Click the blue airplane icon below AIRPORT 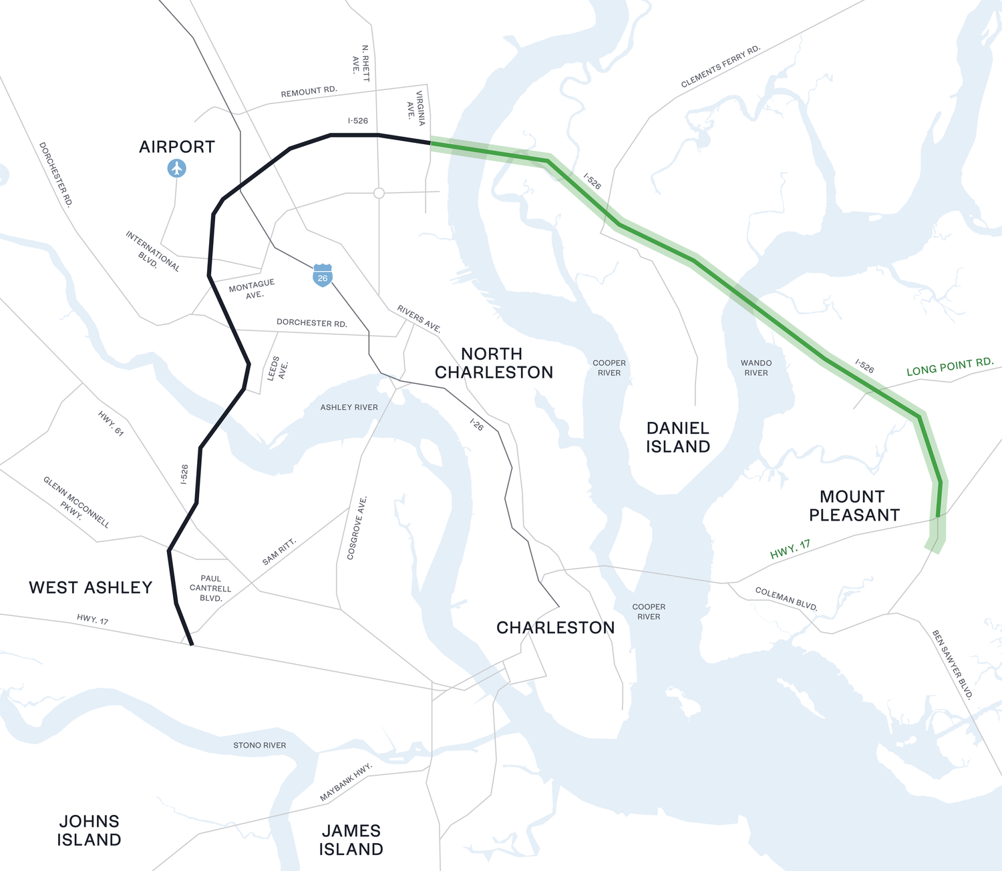(176, 168)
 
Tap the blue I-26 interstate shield (323, 276)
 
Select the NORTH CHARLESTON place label (494, 363)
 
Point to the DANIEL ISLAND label (677, 437)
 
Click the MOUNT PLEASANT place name (854, 506)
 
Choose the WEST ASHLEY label (91, 587)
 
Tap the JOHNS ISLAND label (89, 830)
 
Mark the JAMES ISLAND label (351, 840)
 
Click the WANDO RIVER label (756, 368)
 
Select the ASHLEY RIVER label (349, 407)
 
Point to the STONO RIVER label (259, 745)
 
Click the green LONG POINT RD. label (949, 366)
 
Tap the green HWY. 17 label (790, 549)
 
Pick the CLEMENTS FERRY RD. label (721, 67)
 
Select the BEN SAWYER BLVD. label (953, 664)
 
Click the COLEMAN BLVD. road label (786, 599)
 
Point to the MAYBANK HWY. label (345, 782)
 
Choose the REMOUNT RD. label (309, 91)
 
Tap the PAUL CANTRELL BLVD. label (210, 588)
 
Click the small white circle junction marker (379, 193)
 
